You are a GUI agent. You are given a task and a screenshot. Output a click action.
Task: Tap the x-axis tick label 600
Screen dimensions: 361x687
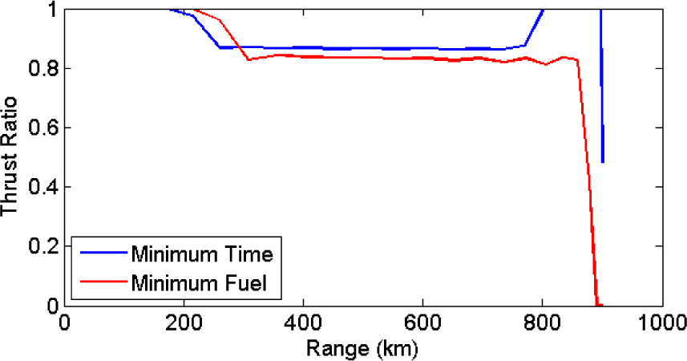pyautogui.click(x=422, y=322)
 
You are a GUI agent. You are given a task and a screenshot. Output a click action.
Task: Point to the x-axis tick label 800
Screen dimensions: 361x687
pyautogui.click(x=542, y=322)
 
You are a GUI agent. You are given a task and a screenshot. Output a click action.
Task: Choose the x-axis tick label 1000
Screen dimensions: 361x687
pyautogui.click(x=659, y=322)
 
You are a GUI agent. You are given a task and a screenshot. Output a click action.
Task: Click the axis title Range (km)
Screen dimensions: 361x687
pyautogui.click(x=362, y=349)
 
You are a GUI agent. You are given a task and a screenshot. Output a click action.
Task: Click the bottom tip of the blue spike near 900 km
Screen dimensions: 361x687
pyautogui.click(x=602, y=162)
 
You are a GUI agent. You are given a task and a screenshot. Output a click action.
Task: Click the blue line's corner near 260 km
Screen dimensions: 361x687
pyautogui.click(x=220, y=48)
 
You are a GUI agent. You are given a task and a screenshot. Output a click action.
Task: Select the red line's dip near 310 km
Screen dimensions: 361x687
pyautogui.click(x=248, y=60)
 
